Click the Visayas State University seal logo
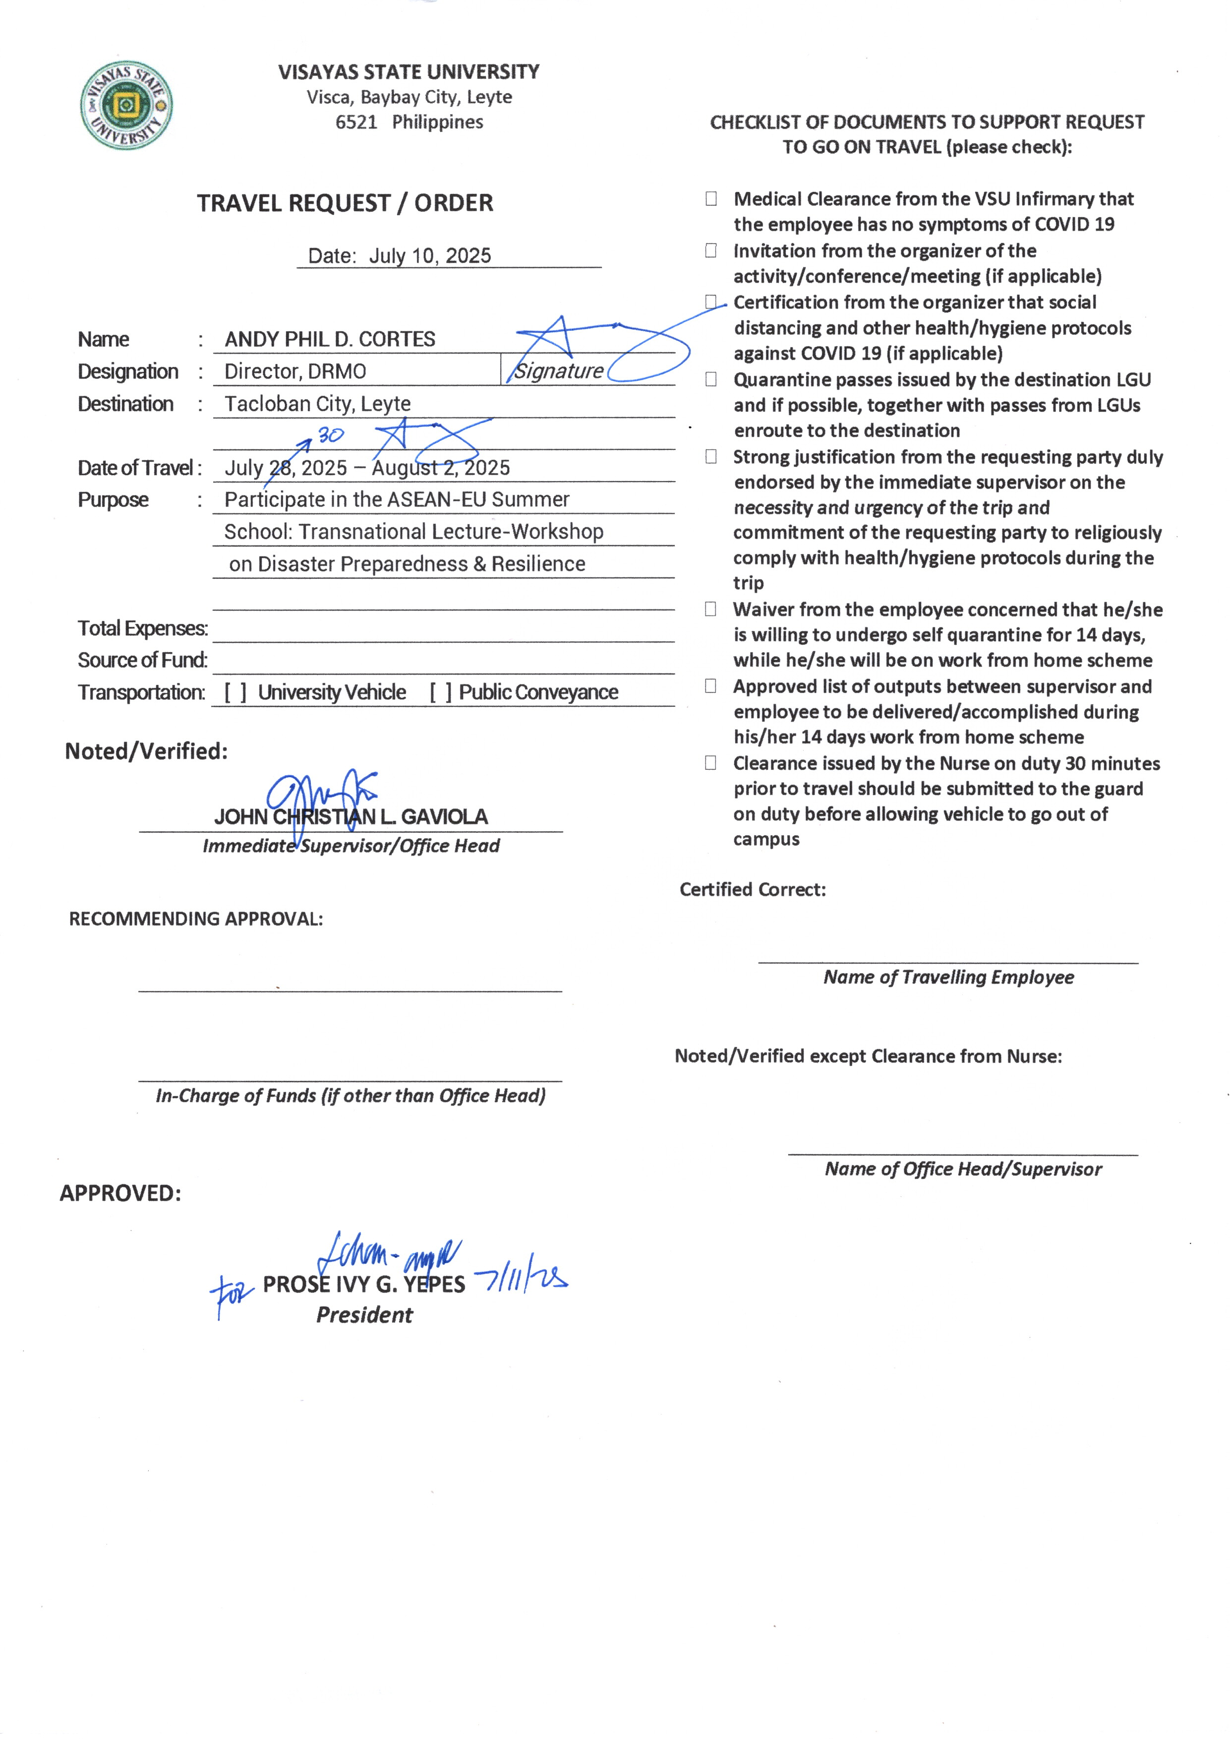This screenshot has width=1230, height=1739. point(126,105)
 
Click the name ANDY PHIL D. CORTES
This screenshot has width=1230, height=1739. point(330,339)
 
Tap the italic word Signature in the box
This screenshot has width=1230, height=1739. point(559,372)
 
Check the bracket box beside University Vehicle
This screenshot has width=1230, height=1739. point(235,692)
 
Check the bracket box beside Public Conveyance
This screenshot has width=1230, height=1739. point(440,692)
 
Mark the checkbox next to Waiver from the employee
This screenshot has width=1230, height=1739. point(710,609)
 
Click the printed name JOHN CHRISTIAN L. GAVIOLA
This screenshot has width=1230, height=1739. point(351,817)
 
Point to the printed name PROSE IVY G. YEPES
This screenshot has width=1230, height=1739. point(363,1284)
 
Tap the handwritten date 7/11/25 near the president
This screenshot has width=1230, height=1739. point(521,1279)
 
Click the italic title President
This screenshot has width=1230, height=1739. point(364,1315)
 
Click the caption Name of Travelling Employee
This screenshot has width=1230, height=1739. point(948,978)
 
